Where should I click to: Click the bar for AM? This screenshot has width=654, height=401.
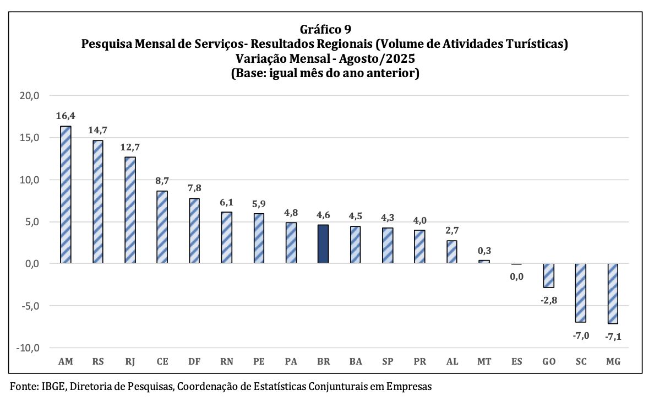coord(66,194)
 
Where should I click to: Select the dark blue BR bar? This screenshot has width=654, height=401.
coord(323,243)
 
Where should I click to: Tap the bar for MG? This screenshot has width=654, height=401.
coord(613,293)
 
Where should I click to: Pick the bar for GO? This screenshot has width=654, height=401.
coord(548,275)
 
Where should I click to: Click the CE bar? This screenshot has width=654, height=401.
coord(162,227)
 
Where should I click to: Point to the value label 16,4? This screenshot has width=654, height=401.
coord(66,116)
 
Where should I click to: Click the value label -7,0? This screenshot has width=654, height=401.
coord(581,335)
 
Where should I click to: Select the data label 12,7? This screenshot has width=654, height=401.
coord(130,148)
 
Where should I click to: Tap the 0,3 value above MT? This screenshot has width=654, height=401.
coord(484,251)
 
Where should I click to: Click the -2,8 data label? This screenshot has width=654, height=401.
coord(548,300)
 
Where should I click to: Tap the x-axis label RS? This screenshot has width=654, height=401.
coord(98,362)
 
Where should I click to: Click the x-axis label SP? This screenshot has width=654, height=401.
coord(388,362)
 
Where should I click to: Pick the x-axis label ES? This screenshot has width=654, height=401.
coord(516,362)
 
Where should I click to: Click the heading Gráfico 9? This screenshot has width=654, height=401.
coord(325,29)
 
